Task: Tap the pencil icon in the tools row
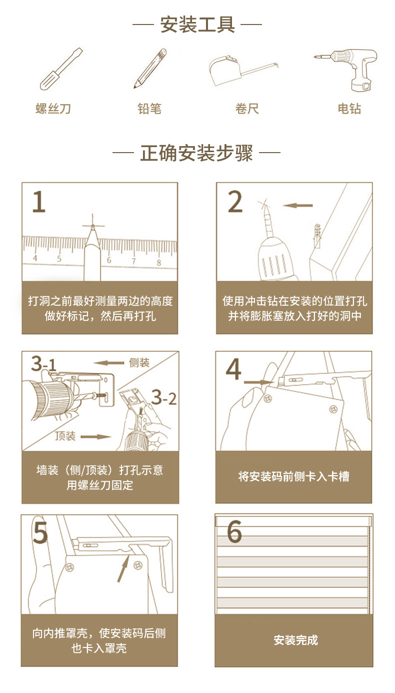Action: click(x=149, y=69)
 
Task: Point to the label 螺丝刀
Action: click(x=53, y=109)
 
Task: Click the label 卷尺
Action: click(x=247, y=109)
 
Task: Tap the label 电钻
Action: click(x=349, y=109)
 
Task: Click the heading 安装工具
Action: click(x=197, y=24)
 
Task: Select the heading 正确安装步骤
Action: click(x=197, y=153)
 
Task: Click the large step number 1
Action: click(x=39, y=202)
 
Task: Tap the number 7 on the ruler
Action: click(x=133, y=260)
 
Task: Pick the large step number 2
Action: click(x=235, y=202)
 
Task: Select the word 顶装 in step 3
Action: click(x=65, y=436)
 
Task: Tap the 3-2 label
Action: click(x=164, y=398)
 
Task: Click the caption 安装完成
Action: click(x=295, y=640)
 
